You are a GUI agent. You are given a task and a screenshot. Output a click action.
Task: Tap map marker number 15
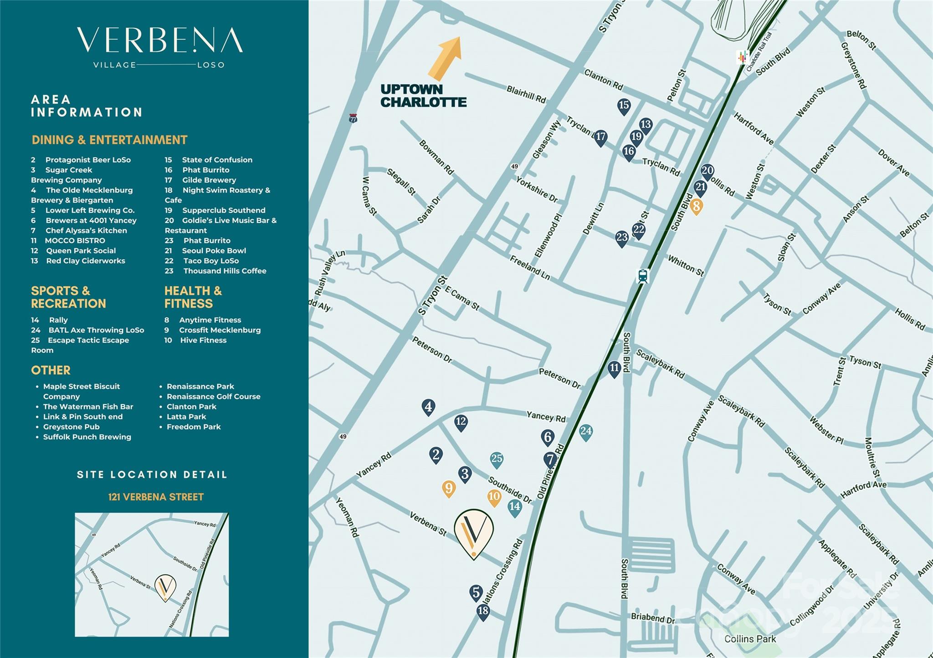point(624,106)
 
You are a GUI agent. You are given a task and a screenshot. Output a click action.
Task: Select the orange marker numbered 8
point(696,207)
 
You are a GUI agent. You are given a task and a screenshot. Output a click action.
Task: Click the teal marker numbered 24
point(586,432)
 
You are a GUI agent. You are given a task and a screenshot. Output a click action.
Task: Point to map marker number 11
point(615,369)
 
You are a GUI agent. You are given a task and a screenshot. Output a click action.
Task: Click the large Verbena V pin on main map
point(474,532)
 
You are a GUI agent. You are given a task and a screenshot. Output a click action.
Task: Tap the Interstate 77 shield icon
point(353,118)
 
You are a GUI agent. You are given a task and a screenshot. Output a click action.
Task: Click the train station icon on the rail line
point(643,276)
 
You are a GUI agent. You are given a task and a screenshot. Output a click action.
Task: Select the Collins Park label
point(750,639)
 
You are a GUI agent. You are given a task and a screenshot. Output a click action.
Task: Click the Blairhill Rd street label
point(526,94)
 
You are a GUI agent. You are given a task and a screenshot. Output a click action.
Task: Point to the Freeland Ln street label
point(530,268)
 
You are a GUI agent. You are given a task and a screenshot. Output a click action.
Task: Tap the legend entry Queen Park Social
point(81,251)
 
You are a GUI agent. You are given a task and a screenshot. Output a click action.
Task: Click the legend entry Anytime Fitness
point(210,320)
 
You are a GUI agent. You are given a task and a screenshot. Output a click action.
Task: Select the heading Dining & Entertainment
point(109,140)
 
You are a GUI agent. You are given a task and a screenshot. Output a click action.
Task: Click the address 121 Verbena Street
point(156,497)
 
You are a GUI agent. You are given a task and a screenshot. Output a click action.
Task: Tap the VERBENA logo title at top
point(159,41)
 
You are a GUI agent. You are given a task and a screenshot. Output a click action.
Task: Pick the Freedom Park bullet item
point(193,427)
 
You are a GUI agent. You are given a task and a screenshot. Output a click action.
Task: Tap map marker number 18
point(483,611)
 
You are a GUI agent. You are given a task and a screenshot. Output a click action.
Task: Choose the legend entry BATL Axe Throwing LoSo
point(96,330)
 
